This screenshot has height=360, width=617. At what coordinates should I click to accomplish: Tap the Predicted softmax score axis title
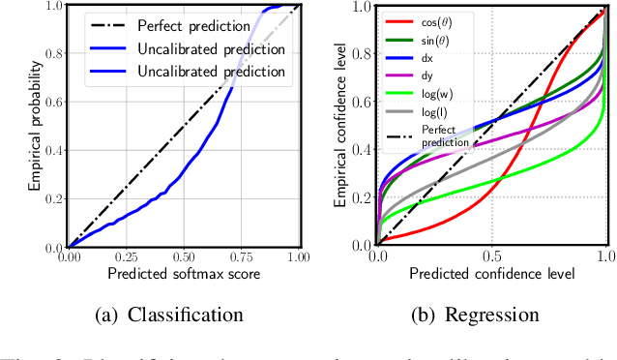click(x=184, y=274)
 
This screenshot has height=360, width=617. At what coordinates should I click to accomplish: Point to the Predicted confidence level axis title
click(x=492, y=275)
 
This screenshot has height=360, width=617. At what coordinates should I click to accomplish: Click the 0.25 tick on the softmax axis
click(x=126, y=257)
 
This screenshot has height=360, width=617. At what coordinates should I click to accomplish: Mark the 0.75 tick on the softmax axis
click(x=241, y=257)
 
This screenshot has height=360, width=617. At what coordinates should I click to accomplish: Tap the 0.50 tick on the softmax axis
click(x=183, y=257)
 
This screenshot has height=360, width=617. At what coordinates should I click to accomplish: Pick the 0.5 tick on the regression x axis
click(x=492, y=257)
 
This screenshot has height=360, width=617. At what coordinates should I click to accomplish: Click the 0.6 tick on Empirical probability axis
click(x=53, y=103)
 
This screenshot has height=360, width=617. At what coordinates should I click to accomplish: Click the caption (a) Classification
click(x=158, y=314)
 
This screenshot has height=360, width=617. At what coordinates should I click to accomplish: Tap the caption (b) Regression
click(x=476, y=314)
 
